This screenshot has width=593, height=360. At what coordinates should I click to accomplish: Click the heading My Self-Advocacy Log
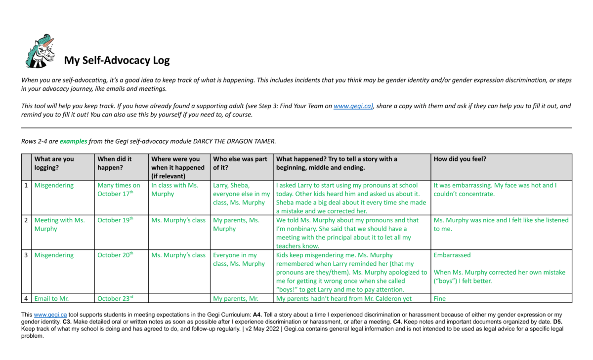[117, 61]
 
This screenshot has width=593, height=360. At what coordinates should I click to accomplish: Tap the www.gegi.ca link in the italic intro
[352, 106]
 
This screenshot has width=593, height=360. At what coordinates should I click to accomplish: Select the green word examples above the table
[73, 141]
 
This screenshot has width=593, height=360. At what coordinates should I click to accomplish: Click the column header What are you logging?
[54, 163]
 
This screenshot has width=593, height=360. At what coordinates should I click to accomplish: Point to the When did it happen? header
[115, 163]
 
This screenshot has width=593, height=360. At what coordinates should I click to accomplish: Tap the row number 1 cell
[26, 186]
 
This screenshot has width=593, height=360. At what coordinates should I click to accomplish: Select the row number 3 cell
[26, 255]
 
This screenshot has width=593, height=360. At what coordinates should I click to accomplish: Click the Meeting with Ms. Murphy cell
[59, 224]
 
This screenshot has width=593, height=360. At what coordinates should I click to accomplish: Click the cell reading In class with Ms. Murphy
[175, 190]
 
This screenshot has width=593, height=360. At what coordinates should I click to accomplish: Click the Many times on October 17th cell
[119, 190]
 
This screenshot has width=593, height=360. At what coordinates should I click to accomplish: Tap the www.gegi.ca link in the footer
[48, 315]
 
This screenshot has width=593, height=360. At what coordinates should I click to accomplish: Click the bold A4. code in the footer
[257, 315]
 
